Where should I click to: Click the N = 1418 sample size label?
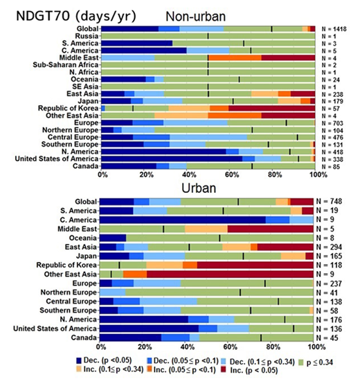coord(337,28)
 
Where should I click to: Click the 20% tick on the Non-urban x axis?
coord(145,176)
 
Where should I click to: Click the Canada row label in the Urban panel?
coord(84,337)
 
